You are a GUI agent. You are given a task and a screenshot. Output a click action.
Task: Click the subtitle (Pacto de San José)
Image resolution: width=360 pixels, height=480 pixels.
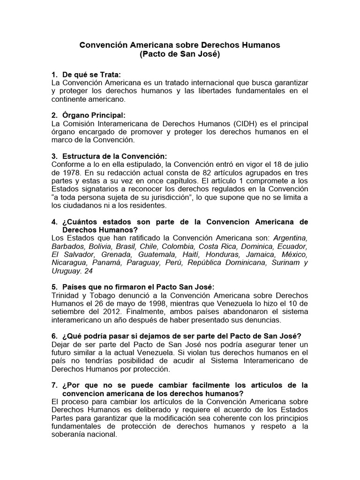click(x=180, y=54)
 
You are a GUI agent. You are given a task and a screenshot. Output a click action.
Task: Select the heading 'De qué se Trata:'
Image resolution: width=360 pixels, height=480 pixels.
click(x=91, y=75)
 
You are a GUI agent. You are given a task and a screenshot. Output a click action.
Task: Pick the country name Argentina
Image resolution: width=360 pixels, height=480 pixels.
click(x=291, y=238)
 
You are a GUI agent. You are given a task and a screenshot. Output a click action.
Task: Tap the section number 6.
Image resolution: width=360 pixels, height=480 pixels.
click(x=54, y=337)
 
